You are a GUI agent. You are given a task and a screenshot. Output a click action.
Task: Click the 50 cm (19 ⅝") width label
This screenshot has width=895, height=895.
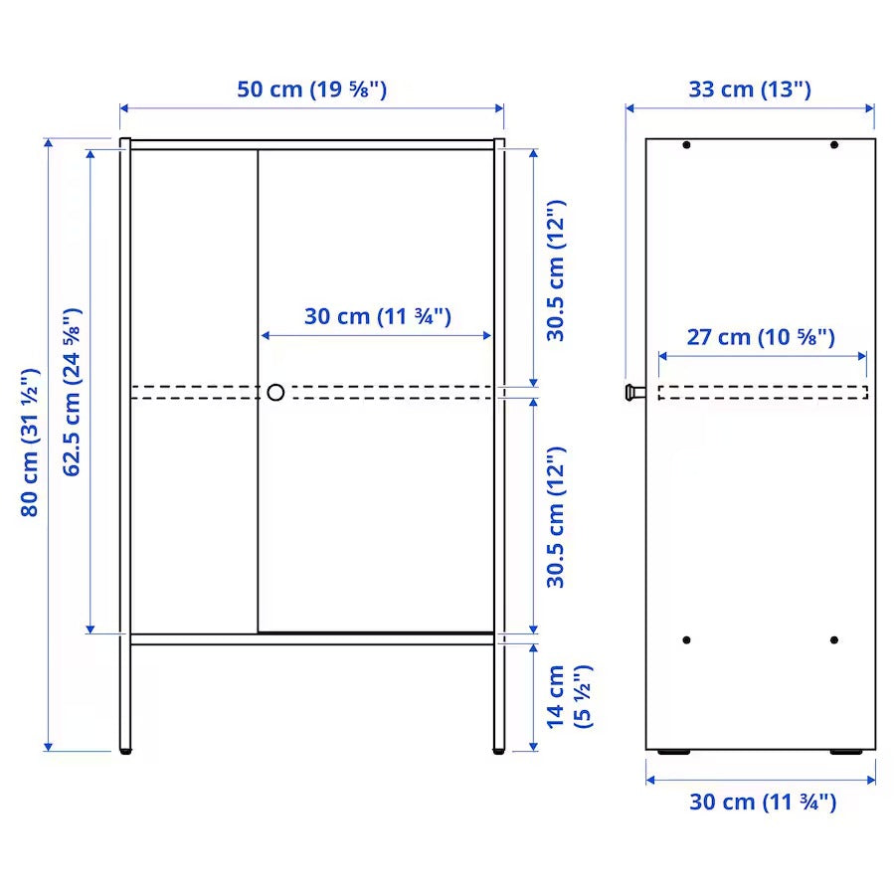click(311, 89)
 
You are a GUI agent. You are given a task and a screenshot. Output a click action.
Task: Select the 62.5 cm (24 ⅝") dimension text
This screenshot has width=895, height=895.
click(72, 392)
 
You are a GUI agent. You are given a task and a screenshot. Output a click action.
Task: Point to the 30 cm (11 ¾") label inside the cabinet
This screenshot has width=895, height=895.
click(378, 316)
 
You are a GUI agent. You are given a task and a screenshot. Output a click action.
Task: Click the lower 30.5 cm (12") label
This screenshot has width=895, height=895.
click(556, 516)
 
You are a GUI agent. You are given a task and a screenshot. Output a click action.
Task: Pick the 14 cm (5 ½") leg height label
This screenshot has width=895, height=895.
click(568, 696)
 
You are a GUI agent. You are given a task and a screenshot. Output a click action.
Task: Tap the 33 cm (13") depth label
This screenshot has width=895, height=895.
click(750, 89)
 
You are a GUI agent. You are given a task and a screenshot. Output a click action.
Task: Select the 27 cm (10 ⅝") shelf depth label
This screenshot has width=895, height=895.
click(761, 336)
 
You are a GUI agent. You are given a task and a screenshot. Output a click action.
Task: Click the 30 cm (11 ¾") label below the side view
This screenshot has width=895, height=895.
click(763, 802)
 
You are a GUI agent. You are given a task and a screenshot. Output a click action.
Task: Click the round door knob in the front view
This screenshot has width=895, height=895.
click(275, 392)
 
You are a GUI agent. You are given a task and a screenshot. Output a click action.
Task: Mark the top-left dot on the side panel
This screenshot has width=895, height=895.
click(686, 146)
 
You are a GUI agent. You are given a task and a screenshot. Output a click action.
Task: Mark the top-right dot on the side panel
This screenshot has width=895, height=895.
click(834, 146)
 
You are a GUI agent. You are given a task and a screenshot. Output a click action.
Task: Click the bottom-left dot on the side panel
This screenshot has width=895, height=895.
click(686, 639)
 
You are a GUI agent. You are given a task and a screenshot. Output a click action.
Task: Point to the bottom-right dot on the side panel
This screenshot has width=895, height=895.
click(834, 639)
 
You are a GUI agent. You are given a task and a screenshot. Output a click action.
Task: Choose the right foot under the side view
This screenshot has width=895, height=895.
click(846, 753)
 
